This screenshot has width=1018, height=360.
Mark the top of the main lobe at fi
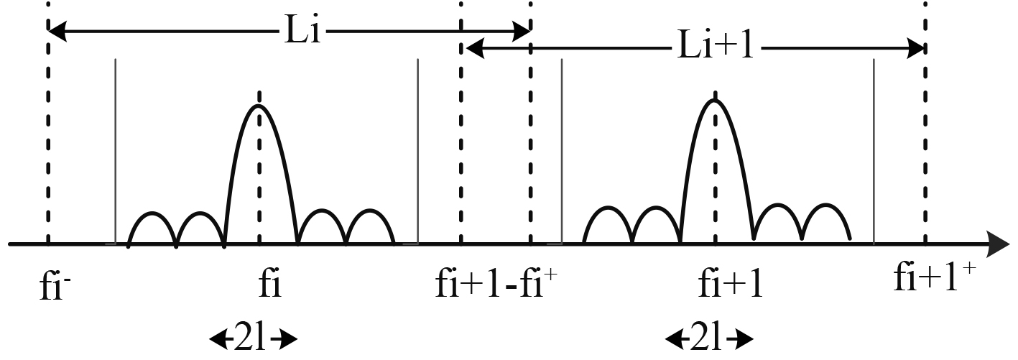pyautogui.click(x=259, y=106)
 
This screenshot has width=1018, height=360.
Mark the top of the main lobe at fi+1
pyautogui.click(x=715, y=99)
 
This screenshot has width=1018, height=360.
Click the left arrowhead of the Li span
pyautogui.click(x=56, y=32)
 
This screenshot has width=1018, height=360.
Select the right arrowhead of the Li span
pyautogui.click(x=522, y=32)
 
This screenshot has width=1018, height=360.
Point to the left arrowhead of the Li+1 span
pyautogui.click(x=473, y=49)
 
